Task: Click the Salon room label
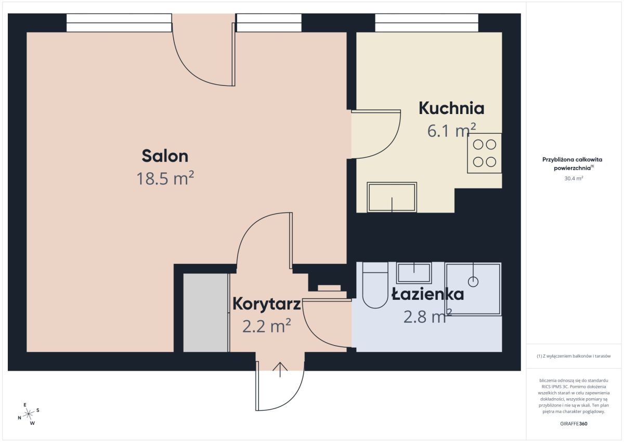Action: [165, 156]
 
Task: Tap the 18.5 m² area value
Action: [165, 179]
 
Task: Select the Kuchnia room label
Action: [451, 108]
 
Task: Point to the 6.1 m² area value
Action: [451, 131]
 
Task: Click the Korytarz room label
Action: [267, 304]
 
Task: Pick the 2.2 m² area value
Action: [267, 326]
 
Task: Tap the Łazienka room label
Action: [427, 294]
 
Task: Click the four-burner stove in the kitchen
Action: [485, 153]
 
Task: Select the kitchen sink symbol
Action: [392, 197]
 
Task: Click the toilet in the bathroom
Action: [375, 285]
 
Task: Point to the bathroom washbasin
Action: [414, 273]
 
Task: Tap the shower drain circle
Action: [473, 282]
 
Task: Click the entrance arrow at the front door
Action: [280, 370]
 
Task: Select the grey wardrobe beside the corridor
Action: [206, 312]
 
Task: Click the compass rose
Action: [29, 414]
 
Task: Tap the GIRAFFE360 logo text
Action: [574, 424]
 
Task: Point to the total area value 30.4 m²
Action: [574, 179]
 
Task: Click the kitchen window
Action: [426, 23]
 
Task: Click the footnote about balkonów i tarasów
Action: [574, 356]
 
